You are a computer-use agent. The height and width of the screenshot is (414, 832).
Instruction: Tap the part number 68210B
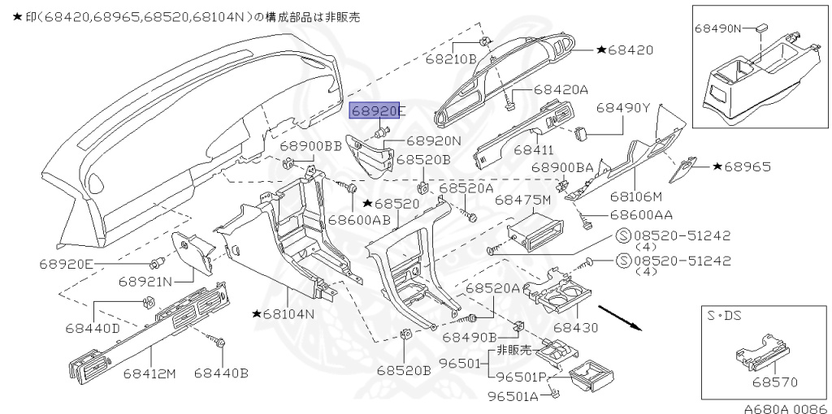(451, 59)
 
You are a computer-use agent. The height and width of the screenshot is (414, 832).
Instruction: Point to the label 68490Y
(624, 107)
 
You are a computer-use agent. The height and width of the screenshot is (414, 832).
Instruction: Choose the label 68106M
(636, 196)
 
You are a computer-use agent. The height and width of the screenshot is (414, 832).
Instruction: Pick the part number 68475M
(522, 199)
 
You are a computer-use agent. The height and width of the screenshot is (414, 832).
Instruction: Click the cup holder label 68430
(575, 328)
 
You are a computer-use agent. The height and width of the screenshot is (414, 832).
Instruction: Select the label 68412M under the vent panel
(149, 373)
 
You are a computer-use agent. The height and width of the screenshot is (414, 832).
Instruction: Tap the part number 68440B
(221, 373)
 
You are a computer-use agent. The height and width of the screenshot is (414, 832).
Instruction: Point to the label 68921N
(145, 282)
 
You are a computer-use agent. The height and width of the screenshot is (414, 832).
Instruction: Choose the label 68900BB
(311, 147)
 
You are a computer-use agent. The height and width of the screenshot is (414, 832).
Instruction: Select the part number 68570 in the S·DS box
(774, 382)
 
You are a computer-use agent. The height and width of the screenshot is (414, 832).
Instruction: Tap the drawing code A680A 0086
(784, 408)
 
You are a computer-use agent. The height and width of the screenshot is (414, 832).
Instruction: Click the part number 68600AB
(359, 220)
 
